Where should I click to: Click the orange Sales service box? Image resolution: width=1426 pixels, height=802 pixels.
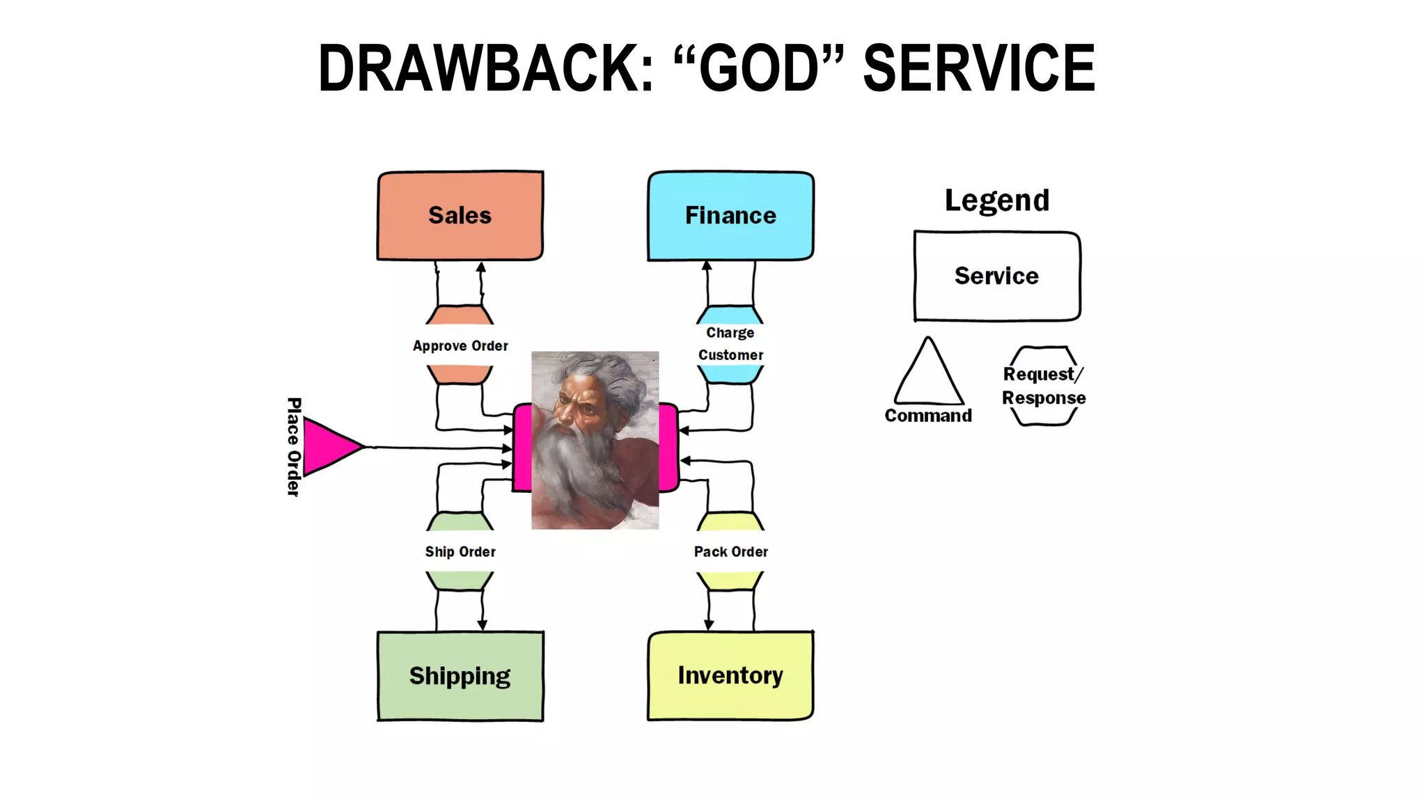pos(460,216)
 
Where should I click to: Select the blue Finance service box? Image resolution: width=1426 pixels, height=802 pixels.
pos(730,216)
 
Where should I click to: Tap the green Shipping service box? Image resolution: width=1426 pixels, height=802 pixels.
pos(460,675)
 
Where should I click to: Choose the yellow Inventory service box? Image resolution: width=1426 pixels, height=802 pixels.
pos(730,675)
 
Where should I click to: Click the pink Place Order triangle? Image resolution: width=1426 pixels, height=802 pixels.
pos(329,447)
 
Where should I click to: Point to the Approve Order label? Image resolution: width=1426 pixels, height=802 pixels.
pos(460,346)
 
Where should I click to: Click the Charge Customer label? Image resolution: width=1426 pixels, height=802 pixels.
pos(730,344)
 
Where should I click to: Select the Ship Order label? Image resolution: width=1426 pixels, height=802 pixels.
pos(460,552)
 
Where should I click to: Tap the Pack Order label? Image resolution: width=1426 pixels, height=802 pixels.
pos(730,552)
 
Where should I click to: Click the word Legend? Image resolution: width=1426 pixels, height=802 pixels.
pos(996,200)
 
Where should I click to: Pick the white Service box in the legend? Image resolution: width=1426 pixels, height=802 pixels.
pos(996,276)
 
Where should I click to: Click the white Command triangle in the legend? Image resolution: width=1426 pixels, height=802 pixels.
pos(928,376)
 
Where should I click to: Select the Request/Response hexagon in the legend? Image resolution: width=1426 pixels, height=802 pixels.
pos(1043,386)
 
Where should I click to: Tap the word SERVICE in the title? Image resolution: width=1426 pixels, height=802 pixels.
pos(978,68)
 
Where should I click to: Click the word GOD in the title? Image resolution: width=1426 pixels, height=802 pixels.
pos(758,68)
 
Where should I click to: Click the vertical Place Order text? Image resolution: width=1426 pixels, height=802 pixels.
pos(294,447)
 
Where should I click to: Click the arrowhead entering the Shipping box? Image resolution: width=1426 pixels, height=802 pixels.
pos(482,625)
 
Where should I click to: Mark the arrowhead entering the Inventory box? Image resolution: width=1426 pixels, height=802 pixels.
pos(708,625)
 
